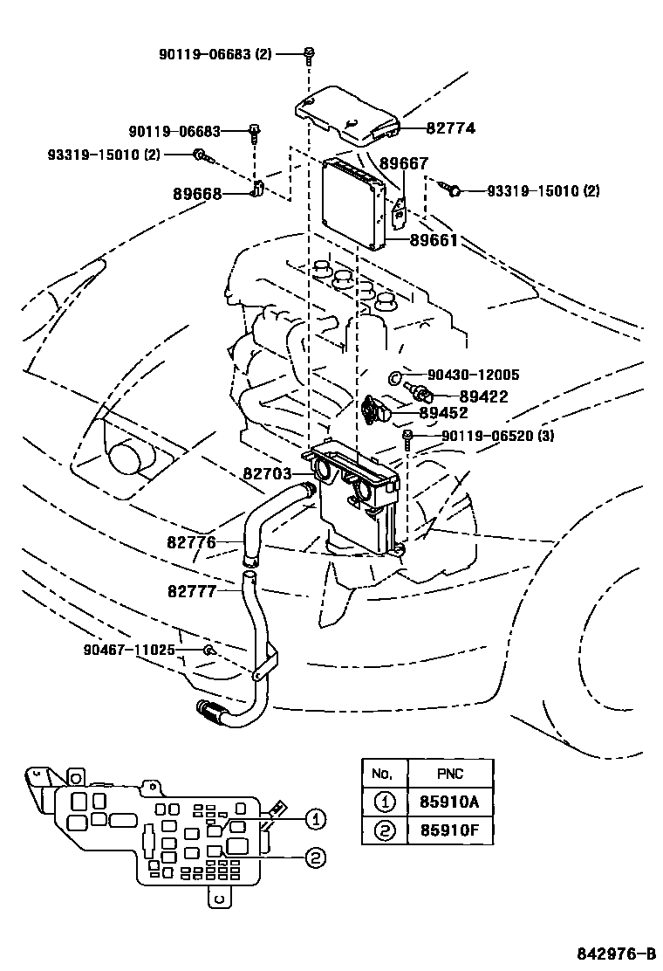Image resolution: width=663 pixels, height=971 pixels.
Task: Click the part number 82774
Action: [450, 127]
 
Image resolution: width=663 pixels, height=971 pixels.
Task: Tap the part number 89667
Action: [403, 162]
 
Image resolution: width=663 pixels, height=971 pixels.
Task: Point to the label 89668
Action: [197, 194]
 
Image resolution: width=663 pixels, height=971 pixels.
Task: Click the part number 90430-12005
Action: [474, 375]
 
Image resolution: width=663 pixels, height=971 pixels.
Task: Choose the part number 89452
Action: [444, 413]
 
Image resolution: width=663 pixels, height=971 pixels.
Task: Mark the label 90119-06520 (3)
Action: [498, 436]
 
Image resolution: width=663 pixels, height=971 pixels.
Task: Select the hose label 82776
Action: [191, 542]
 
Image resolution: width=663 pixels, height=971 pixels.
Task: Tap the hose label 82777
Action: [191, 590]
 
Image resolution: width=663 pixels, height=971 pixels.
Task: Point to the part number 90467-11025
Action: [130, 650]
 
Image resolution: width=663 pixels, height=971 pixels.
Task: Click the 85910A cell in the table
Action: [449, 802]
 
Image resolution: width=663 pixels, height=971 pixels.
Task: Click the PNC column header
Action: [449, 773]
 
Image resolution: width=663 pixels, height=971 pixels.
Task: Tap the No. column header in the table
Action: [384, 773]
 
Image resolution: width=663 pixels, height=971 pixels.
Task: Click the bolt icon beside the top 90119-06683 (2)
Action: [309, 55]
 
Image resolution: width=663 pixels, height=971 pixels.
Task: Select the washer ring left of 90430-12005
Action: [394, 376]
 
